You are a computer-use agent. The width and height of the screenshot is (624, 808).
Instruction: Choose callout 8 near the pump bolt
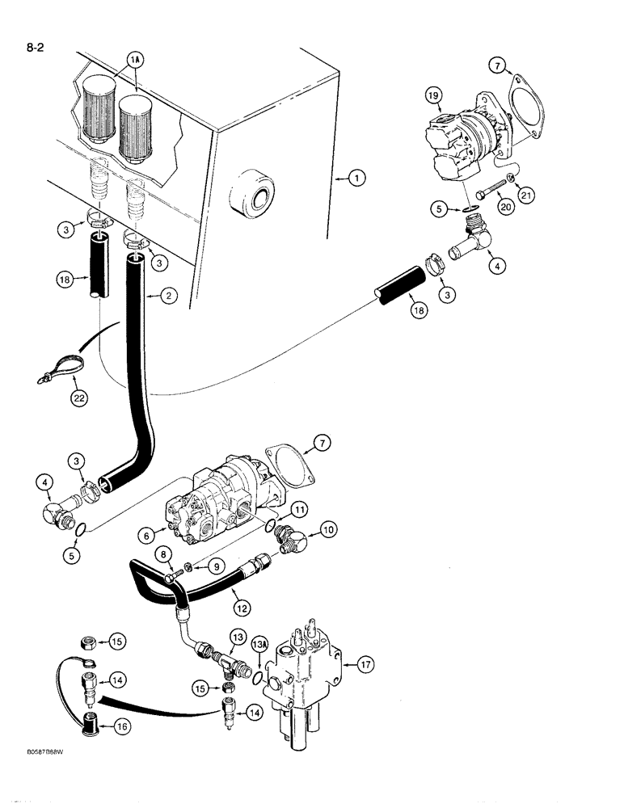coord(166,555)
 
